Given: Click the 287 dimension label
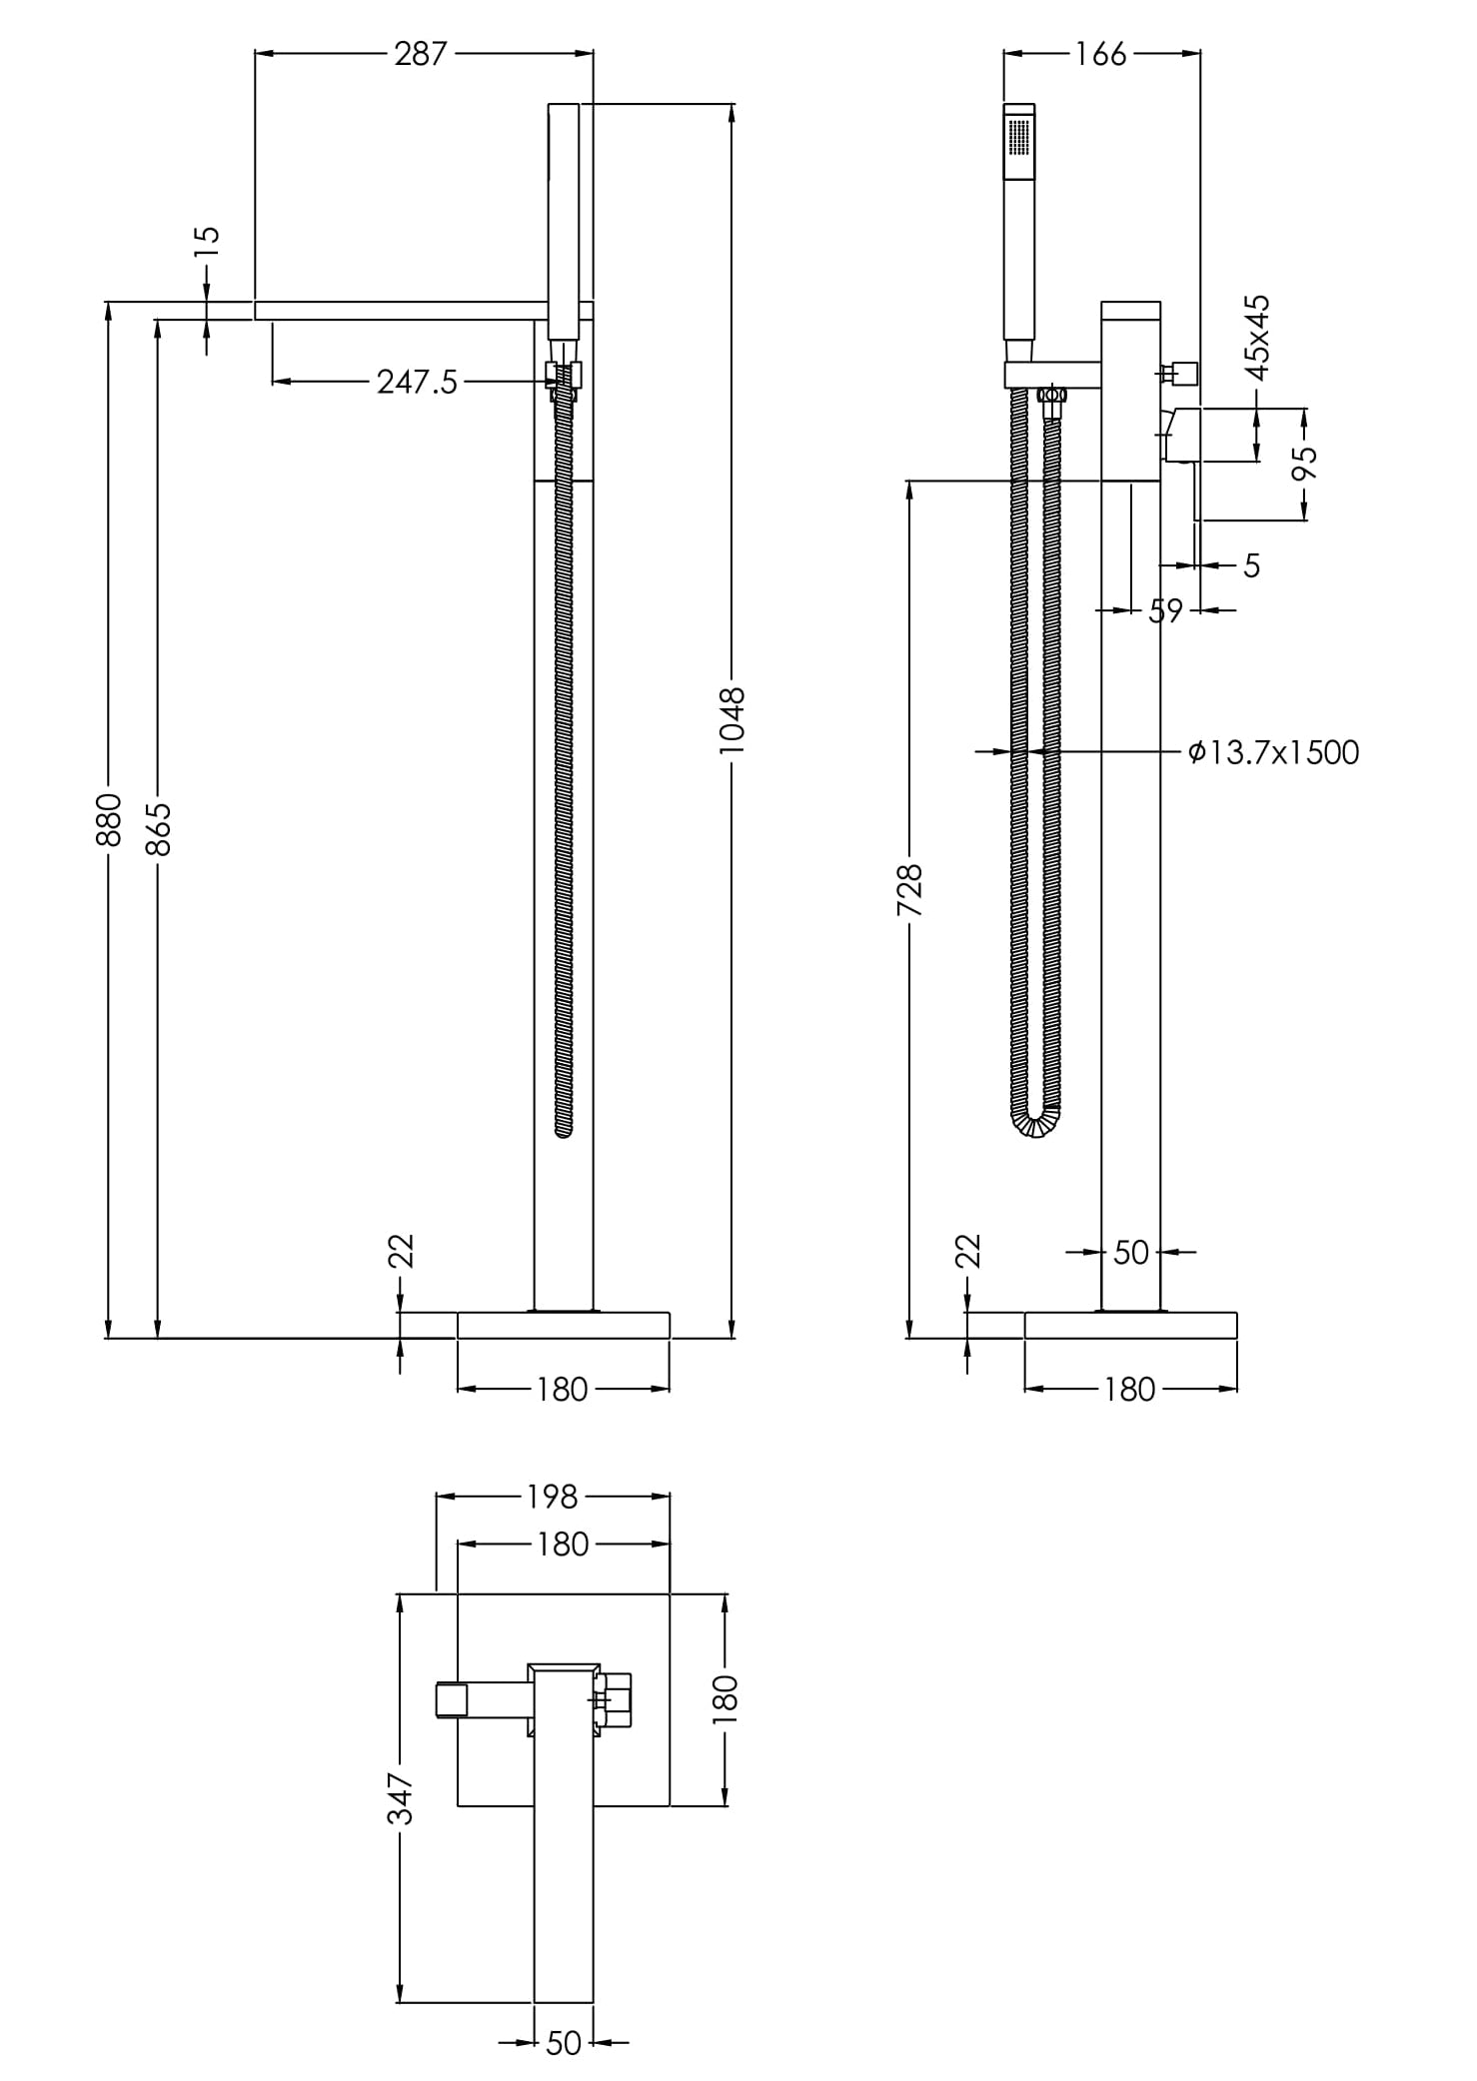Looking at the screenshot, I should [420, 54].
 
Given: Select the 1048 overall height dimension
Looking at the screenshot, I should [733, 720].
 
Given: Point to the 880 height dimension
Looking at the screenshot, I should [108, 819].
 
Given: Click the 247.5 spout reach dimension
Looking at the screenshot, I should [417, 382].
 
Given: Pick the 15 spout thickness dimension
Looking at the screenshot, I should [207, 242].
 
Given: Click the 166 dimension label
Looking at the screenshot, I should [1100, 54].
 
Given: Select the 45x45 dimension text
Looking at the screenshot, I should [1258, 337].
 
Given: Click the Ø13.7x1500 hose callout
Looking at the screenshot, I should [1273, 751].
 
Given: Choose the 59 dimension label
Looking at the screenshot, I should [1165, 609].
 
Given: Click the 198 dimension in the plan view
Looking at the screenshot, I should [552, 1497].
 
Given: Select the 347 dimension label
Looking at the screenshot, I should [400, 1797].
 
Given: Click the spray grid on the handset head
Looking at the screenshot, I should [1019, 137].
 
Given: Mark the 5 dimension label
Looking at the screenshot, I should [1252, 565].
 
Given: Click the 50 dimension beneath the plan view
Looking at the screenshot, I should [564, 2044].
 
